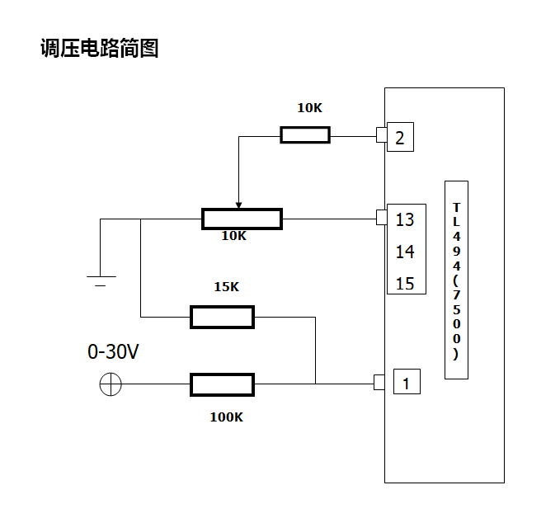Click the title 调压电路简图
(x=99, y=49)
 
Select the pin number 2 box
(x=400, y=137)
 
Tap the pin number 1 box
(x=406, y=383)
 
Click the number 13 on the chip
(x=405, y=220)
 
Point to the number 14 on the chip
(x=405, y=252)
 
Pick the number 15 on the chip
(x=405, y=284)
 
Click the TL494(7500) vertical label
(x=456, y=280)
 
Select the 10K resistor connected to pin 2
(x=305, y=135)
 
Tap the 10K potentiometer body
(x=242, y=219)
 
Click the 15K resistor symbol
(x=222, y=317)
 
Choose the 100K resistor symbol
(x=222, y=384)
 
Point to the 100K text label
(x=226, y=417)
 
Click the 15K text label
(x=226, y=287)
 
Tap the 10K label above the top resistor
(x=310, y=108)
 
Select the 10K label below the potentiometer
(x=233, y=236)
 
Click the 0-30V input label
(x=113, y=352)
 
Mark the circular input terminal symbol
(x=111, y=384)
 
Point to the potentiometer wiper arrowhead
(x=238, y=205)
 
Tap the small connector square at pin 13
(x=381, y=218)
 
